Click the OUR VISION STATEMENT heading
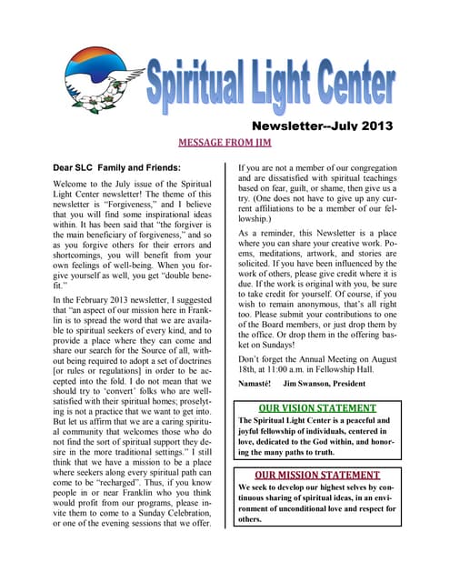[x=315, y=408]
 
